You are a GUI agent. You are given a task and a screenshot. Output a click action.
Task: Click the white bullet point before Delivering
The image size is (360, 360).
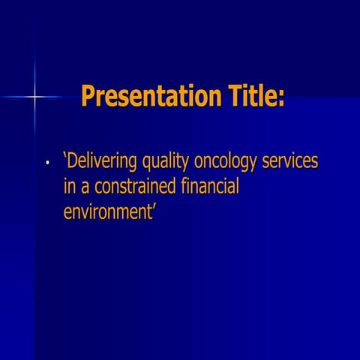46,163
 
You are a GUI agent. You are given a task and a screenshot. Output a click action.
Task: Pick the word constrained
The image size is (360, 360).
136,187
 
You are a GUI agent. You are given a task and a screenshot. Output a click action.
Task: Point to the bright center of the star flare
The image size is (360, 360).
34,97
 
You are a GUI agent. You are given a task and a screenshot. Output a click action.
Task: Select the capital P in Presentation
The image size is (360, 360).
88,97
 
